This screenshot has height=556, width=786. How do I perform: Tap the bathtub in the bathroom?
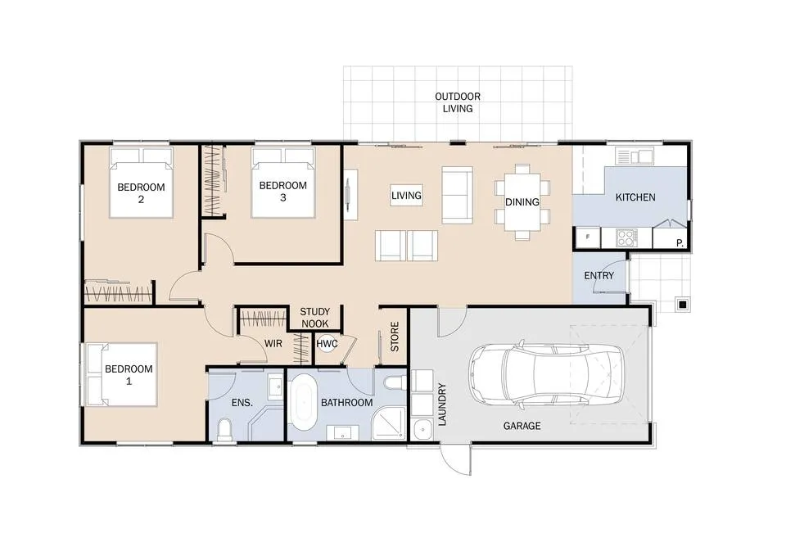coord(304,402)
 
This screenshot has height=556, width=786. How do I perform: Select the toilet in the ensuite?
coord(225,430)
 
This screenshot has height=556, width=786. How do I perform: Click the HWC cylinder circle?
coord(327,343)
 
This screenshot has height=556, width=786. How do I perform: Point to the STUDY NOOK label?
coord(314,318)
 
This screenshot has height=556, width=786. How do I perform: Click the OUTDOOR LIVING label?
coord(458,102)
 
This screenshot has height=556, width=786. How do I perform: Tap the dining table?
coord(522,201)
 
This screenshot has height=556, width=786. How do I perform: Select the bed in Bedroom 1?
coord(122,374)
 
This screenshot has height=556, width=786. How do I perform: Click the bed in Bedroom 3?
coord(284,183)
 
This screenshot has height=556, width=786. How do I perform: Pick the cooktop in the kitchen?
coord(626,237)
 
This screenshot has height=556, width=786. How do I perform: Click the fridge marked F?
coord(588,237)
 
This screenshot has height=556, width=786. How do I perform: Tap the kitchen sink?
coord(634,156)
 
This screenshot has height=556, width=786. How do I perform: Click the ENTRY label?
coord(599,276)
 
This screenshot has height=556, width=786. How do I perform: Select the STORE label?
coord(395,337)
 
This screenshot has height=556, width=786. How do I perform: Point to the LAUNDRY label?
coord(442,405)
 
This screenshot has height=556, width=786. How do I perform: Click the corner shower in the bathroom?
coord(389,423)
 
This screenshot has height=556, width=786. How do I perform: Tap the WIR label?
coord(273,344)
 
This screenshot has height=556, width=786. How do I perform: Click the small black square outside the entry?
coord(682,304)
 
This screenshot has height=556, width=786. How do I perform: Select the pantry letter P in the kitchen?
coord(680,243)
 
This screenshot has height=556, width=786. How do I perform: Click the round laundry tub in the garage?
coord(422,430)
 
